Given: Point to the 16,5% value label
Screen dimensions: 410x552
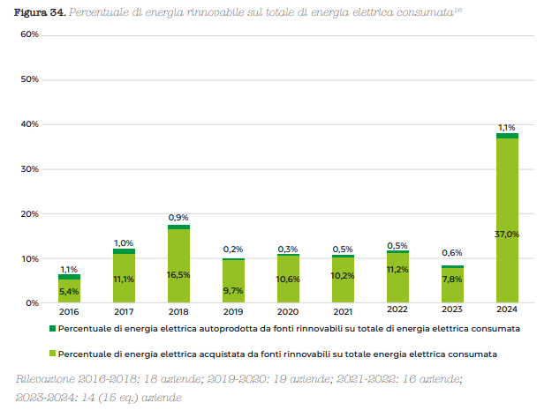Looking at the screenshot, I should pyautogui.click(x=178, y=275).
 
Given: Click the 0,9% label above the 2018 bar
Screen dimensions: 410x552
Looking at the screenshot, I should pyautogui.click(x=178, y=218).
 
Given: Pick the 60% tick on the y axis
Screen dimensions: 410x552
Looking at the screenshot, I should pyautogui.click(x=29, y=34).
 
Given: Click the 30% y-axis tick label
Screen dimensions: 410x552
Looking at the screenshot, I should pyautogui.click(x=29, y=168).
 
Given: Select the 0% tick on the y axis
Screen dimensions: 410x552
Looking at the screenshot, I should pyautogui.click(x=32, y=302).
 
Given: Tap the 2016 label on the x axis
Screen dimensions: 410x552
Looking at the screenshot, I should pyautogui.click(x=69, y=311).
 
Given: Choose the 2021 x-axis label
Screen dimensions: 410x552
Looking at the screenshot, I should pyautogui.click(x=343, y=311).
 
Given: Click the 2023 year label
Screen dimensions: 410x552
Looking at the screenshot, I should pyautogui.click(x=452, y=311).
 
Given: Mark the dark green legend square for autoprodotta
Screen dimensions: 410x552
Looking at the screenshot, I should pyautogui.click(x=51, y=328).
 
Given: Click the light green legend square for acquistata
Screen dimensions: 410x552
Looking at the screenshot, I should pyautogui.click(x=51, y=354).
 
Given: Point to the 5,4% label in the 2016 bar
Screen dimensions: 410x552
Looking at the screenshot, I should pyautogui.click(x=69, y=292).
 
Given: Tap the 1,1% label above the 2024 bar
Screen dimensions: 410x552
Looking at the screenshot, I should pyautogui.click(x=507, y=127).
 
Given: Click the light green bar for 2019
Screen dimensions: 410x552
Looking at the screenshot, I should pyautogui.click(x=233, y=282).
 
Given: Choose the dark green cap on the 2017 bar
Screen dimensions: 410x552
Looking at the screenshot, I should pyautogui.click(x=124, y=251).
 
